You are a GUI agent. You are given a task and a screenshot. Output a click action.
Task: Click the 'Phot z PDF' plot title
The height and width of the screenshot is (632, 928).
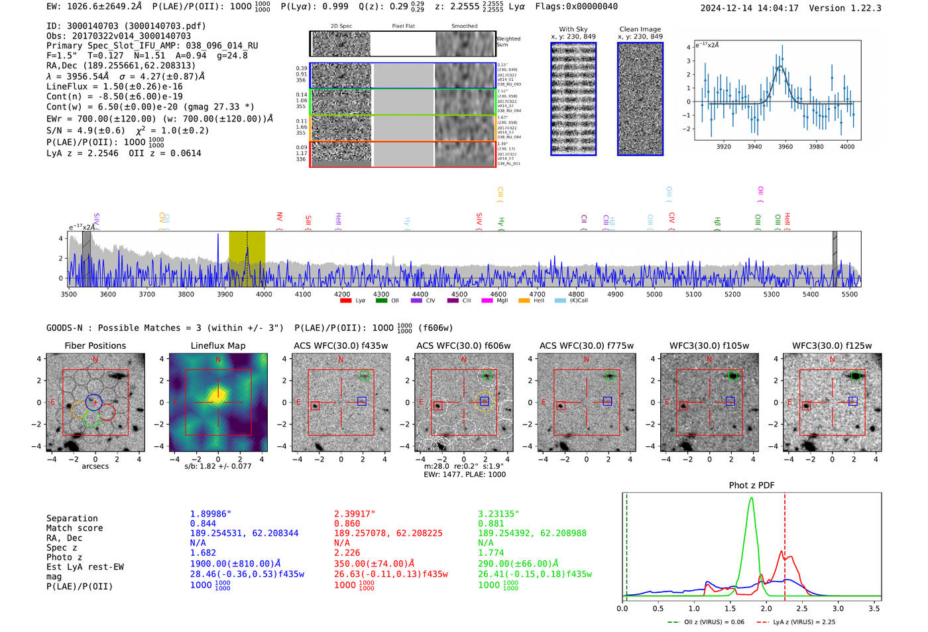click(752, 485)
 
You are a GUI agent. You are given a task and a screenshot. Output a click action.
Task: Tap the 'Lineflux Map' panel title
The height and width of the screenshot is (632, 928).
click(218, 346)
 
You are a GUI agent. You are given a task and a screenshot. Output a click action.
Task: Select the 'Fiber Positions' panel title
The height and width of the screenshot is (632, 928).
click(95, 346)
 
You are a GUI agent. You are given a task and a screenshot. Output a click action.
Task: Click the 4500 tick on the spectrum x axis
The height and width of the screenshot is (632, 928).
click(459, 294)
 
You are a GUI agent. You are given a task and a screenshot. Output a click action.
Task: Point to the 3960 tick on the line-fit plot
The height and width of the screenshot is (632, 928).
click(785, 147)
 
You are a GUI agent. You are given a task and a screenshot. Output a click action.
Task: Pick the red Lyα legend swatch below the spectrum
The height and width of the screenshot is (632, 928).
click(345, 300)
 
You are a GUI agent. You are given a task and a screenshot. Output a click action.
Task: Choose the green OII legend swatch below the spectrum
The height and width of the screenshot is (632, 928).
click(381, 300)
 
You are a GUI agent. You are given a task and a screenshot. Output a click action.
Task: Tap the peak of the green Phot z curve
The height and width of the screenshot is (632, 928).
click(751, 498)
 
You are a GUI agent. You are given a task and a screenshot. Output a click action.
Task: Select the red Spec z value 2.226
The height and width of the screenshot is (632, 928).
click(347, 552)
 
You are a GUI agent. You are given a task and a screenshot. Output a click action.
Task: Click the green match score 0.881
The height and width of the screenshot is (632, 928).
click(491, 523)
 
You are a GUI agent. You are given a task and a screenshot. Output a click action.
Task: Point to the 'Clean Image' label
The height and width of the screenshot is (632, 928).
click(640, 29)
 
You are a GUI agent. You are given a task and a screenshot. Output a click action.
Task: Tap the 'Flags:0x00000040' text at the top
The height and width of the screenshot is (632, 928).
click(576, 7)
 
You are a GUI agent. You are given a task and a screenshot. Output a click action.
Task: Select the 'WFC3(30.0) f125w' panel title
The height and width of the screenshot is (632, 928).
click(832, 346)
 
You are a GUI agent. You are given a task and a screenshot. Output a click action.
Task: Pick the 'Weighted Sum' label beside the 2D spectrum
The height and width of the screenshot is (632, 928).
click(508, 42)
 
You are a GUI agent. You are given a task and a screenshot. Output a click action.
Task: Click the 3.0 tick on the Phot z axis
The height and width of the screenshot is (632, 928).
click(838, 608)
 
